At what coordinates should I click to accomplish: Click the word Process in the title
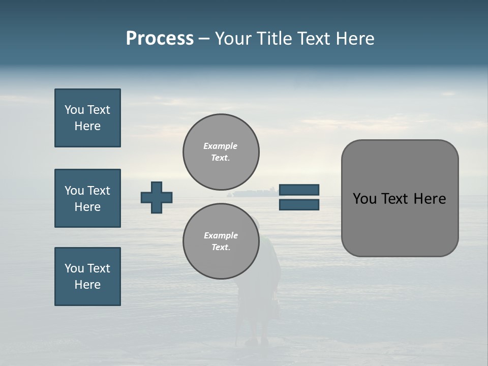[x=160, y=39]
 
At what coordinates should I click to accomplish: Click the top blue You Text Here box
[x=87, y=118]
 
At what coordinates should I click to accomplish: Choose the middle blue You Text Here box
[x=87, y=198]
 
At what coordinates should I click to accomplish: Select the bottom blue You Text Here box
[x=87, y=277]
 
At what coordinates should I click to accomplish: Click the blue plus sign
[x=157, y=197]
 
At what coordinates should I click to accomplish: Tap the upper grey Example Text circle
[x=221, y=152]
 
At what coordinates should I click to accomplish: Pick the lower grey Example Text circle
[x=221, y=241]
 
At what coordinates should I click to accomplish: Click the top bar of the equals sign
[x=299, y=190]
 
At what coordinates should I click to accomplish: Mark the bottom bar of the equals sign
[x=299, y=204]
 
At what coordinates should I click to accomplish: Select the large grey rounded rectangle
[x=400, y=198]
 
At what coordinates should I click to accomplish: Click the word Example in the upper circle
[x=221, y=146]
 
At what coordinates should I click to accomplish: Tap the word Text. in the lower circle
[x=221, y=248]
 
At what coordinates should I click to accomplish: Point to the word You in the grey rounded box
[x=364, y=199]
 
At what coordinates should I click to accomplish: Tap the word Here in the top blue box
[x=87, y=126]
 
